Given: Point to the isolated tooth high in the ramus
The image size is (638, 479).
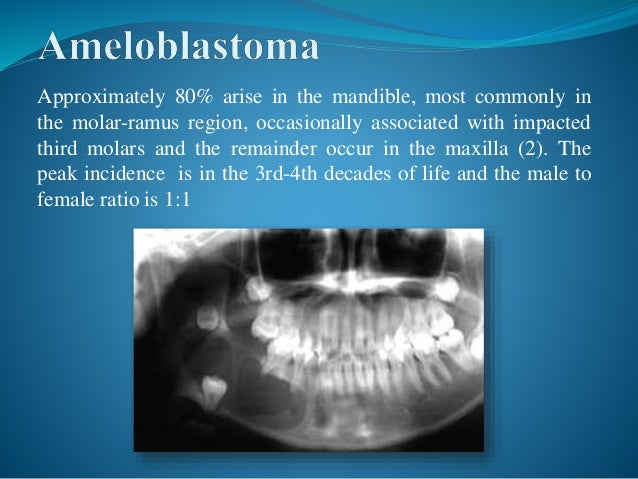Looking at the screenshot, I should coord(208,318).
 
